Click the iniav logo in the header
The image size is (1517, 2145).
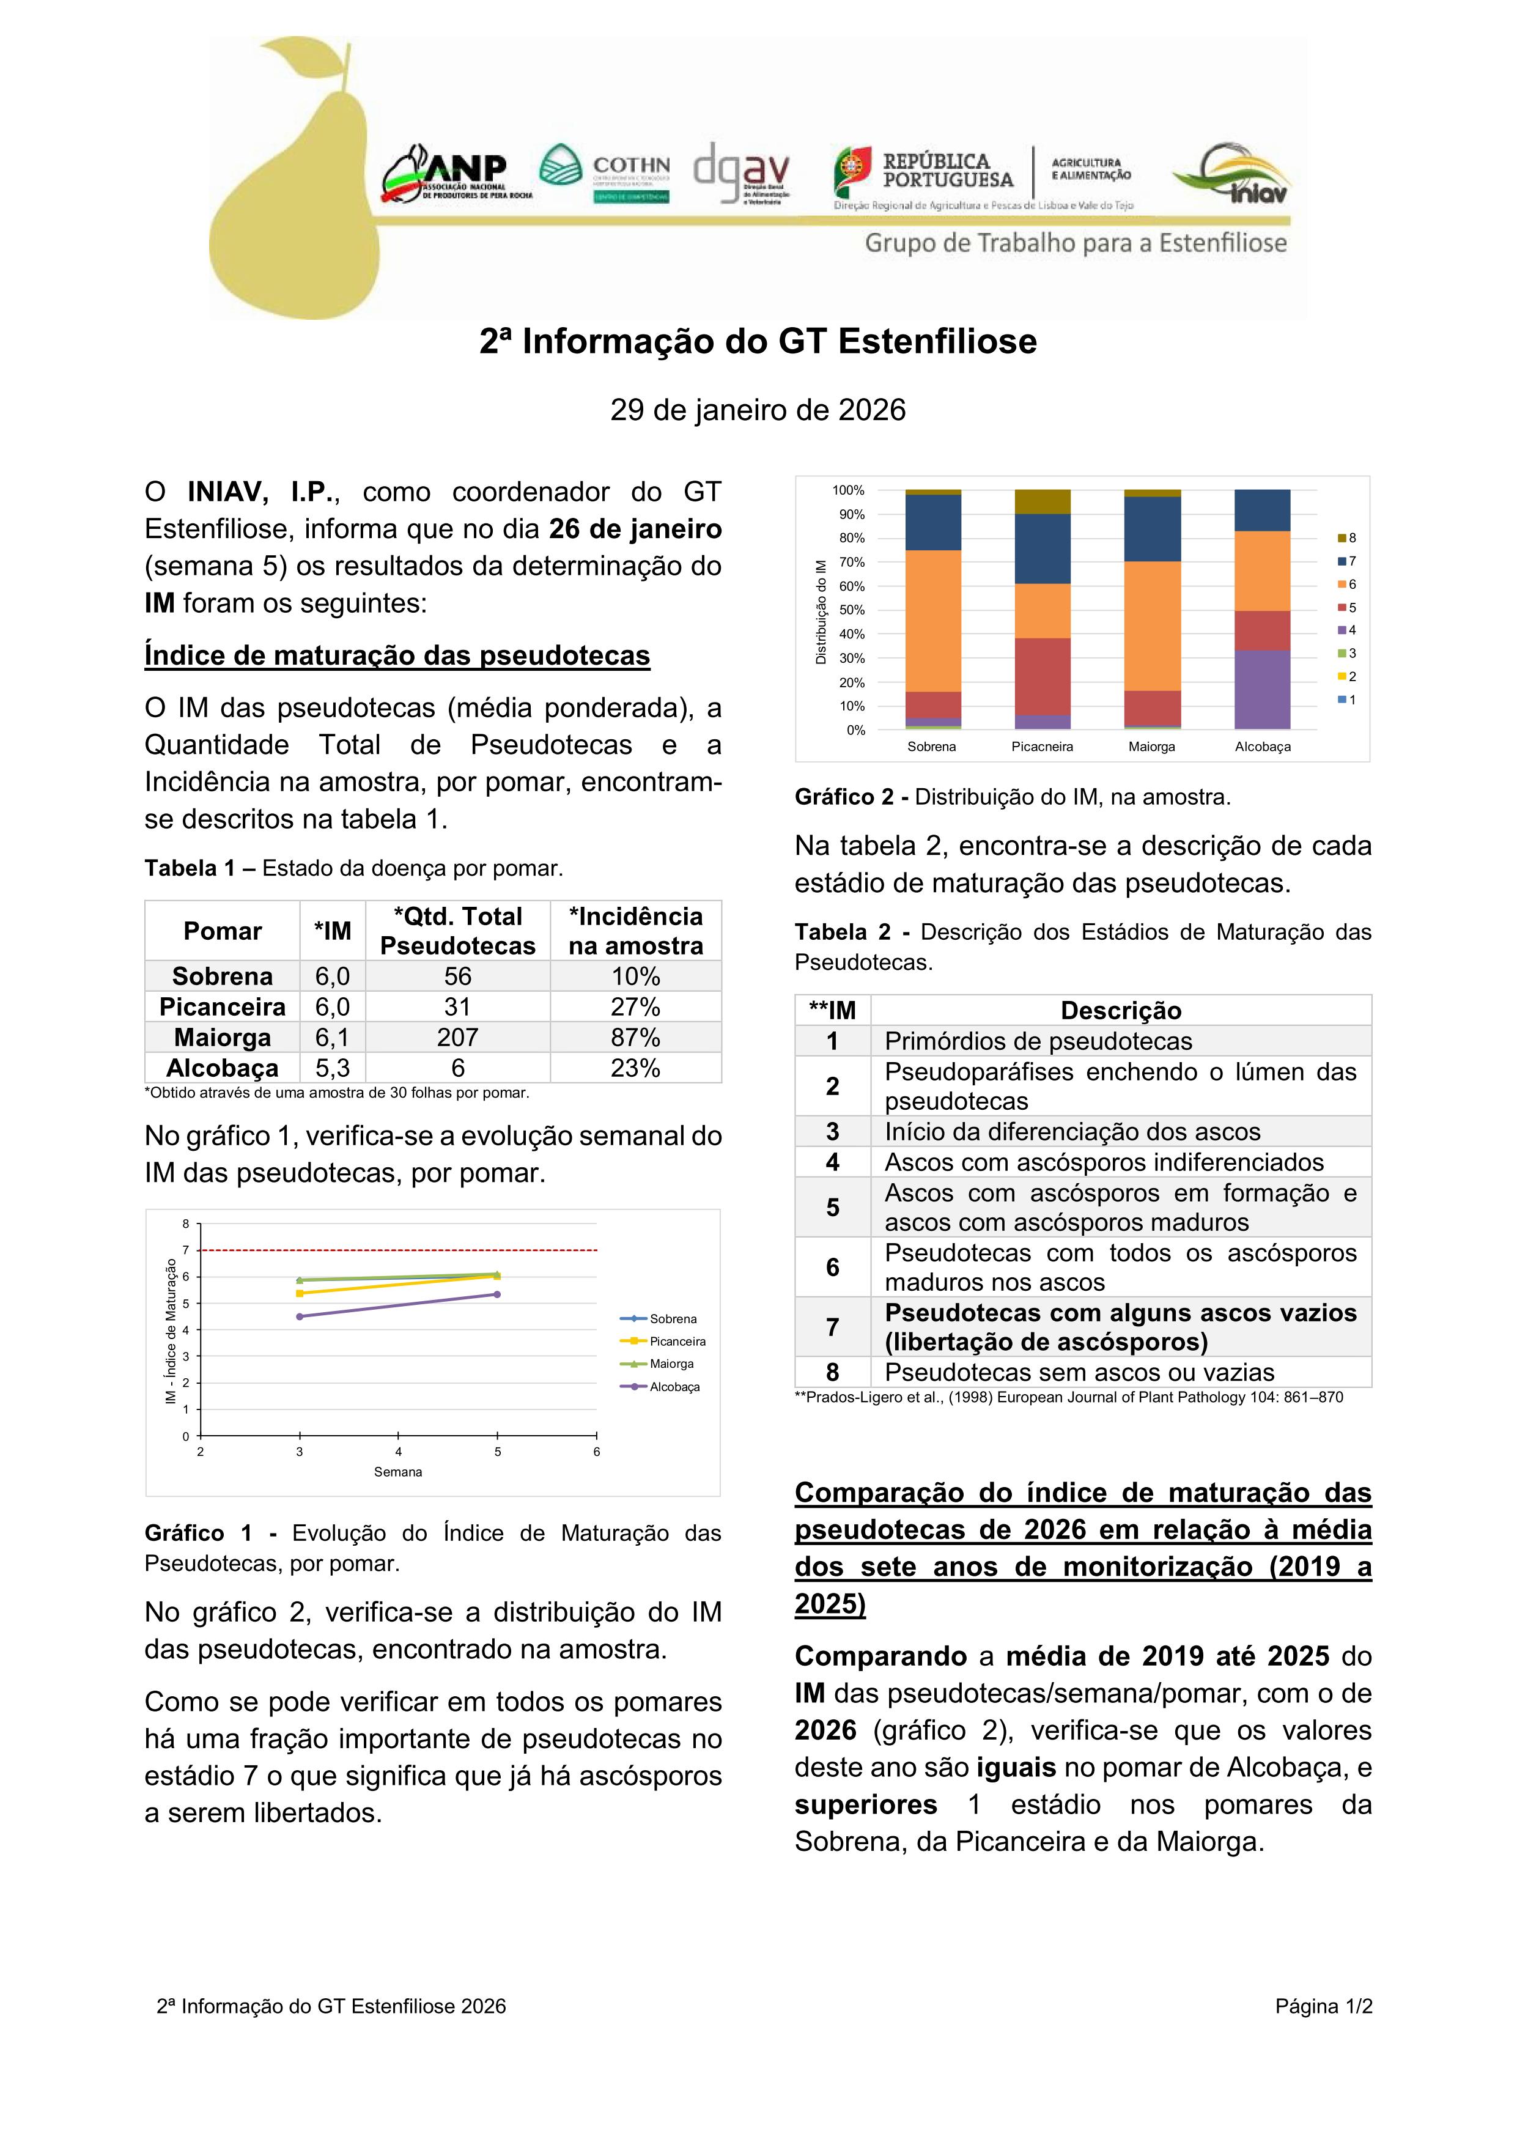click(1232, 174)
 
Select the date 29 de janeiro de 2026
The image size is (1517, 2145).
click(758, 410)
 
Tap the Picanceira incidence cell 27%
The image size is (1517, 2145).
click(635, 1006)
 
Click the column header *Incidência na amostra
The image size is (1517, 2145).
click(635, 931)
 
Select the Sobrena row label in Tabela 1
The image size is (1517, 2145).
click(223, 977)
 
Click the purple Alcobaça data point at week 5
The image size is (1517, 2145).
click(497, 1294)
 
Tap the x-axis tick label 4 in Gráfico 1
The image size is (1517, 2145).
click(398, 1452)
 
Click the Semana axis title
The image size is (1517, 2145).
click(398, 1471)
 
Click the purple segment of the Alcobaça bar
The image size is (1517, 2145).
click(1262, 690)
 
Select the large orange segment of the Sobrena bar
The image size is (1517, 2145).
click(932, 621)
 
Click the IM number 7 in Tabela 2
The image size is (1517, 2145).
click(832, 1327)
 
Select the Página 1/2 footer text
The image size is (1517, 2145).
click(1323, 2006)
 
